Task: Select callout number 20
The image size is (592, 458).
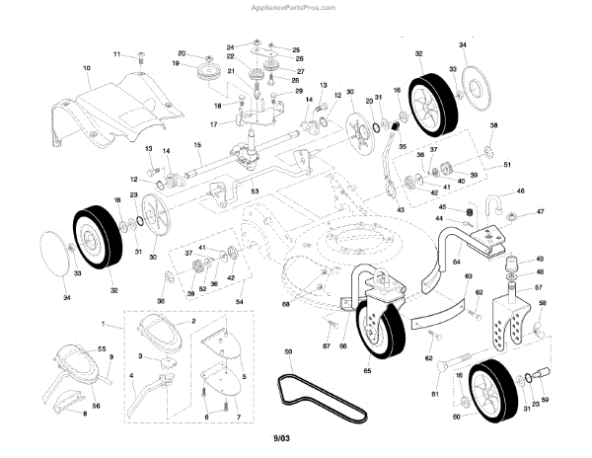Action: (x=182, y=53)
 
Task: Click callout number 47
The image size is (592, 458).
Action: (x=540, y=212)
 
